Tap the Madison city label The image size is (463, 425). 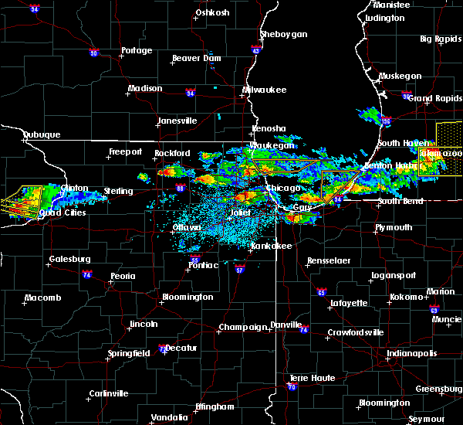pos(145,88)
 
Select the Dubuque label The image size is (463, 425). pos(42,134)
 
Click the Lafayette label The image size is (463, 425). pos(350,303)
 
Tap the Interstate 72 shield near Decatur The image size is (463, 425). pos(162,349)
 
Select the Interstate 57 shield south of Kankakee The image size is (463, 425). pos(240,270)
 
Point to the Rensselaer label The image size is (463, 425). pos(329,261)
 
